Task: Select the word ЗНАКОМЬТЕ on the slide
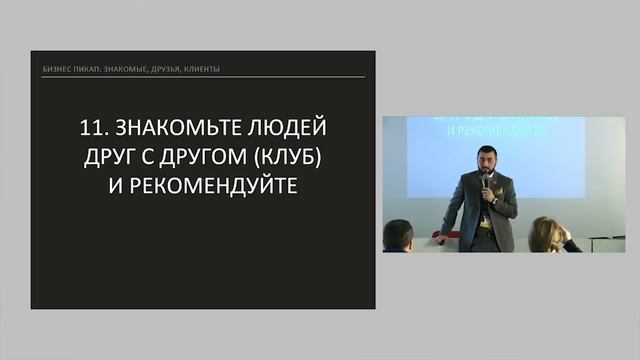coord(173,129)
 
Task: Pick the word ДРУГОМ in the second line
coord(203,158)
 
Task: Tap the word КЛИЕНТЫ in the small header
coord(198,70)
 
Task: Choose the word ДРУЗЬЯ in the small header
coord(158,70)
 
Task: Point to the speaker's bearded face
coord(484,165)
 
